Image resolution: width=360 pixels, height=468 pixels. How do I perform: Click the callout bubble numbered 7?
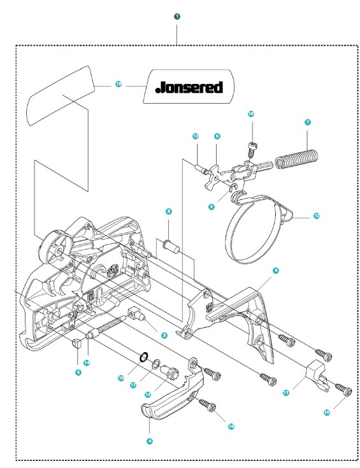pyautogui.click(x=308, y=122)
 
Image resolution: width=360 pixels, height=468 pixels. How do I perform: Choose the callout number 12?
pyautogui.click(x=317, y=216)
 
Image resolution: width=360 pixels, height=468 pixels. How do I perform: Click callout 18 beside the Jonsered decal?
pyautogui.click(x=119, y=83)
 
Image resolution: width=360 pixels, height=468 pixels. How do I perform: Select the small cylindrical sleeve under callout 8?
pyautogui.click(x=170, y=245)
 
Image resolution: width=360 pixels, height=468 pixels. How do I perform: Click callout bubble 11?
pyautogui.click(x=286, y=393)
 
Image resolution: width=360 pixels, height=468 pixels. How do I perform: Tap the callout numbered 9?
pyautogui.click(x=276, y=271)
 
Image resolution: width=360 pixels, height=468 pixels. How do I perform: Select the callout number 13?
pyautogui.click(x=196, y=136)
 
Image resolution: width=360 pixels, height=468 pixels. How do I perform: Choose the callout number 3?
pyautogui.click(x=164, y=334)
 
